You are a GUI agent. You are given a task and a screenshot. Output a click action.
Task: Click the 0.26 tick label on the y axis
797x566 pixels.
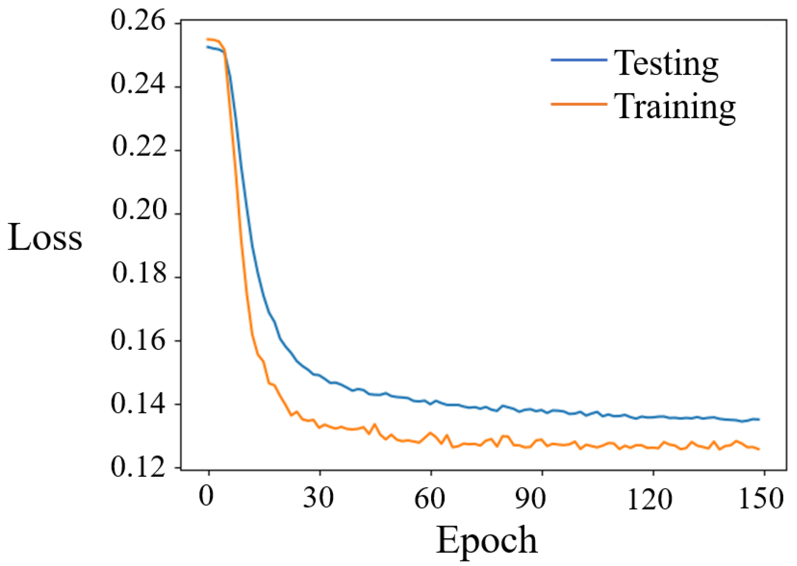point(138,21)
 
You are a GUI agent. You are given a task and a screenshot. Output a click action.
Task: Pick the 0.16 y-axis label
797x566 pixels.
point(138,340)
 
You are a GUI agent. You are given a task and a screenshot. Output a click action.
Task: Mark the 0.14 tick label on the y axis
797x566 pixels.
point(138,404)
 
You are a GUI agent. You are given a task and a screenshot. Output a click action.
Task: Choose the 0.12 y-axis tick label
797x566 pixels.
point(138,467)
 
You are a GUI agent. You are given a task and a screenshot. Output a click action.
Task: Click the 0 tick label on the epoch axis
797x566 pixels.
point(206,497)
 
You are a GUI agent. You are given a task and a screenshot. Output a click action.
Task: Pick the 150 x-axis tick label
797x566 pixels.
point(761,498)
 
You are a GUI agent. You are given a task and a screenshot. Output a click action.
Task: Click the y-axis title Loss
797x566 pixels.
point(45,238)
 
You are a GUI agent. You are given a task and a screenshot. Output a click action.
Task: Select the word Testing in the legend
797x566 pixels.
point(666,64)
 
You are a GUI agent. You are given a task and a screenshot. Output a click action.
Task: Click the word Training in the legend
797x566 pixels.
point(675,108)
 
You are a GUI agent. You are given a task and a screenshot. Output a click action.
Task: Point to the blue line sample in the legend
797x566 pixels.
point(579,60)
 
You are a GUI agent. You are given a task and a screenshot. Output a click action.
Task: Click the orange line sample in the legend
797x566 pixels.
point(579,104)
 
